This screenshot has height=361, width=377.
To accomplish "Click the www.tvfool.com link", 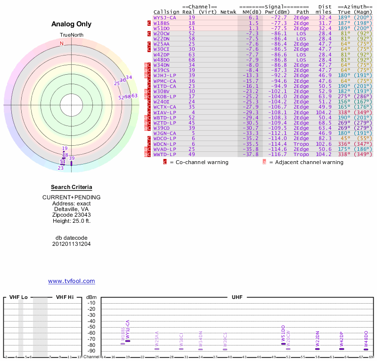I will [72, 281].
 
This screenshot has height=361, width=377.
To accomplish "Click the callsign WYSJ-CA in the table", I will [165, 17].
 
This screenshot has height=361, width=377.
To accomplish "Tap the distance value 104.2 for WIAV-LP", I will [324, 112].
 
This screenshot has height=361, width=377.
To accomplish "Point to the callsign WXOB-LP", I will [165, 96].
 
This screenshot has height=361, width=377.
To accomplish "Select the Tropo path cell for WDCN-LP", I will [301, 144].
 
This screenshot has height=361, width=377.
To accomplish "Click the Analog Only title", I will [71, 24].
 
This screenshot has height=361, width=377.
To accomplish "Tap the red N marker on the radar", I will [61, 44].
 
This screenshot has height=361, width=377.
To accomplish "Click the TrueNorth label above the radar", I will [71, 36].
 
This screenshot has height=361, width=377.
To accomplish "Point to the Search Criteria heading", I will [71, 188].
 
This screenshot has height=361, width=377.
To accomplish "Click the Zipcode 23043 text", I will [71, 214].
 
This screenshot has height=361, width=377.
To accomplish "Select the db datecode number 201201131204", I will [71, 244].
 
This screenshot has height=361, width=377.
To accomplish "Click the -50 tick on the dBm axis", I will [91, 327].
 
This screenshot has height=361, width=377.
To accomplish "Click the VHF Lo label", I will [18, 298].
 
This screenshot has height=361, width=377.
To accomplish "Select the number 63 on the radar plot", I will [134, 96].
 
